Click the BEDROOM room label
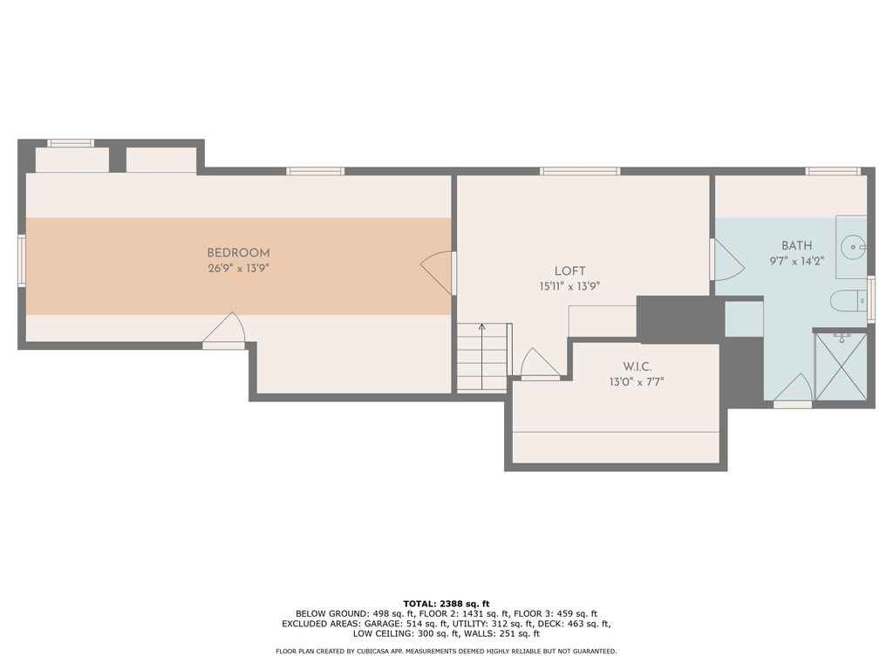(238, 252)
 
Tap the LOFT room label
(569, 271)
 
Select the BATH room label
(797, 245)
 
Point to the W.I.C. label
(637, 366)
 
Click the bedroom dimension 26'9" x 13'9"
(238, 268)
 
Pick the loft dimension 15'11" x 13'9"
(569, 286)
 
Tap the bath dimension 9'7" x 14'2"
(797, 261)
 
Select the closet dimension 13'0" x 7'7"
(637, 382)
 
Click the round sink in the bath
(854, 247)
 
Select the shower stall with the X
(841, 367)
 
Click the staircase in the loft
(481, 357)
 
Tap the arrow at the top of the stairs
(481, 327)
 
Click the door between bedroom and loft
(438, 273)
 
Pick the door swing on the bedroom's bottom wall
(224, 329)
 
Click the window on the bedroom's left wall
(22, 260)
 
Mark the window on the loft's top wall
(580, 171)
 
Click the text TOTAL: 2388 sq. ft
(446, 604)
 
